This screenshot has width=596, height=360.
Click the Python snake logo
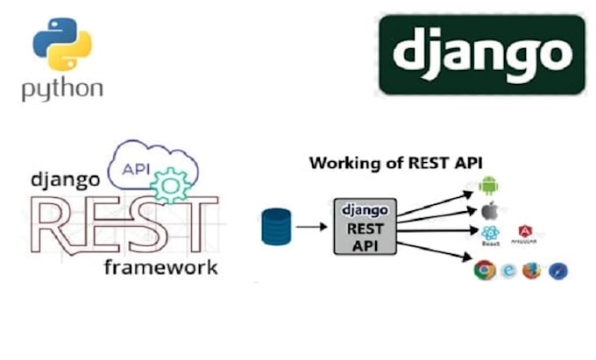click(x=61, y=45)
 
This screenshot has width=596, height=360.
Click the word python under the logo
click(x=62, y=88)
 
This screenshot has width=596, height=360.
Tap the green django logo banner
click(x=481, y=54)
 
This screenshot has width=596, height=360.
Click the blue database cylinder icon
click(x=274, y=226)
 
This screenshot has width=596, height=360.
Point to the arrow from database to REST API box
click(x=309, y=226)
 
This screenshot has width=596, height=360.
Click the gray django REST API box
click(x=365, y=226)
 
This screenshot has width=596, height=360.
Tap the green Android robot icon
click(x=488, y=186)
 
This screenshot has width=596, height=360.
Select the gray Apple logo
click(x=488, y=210)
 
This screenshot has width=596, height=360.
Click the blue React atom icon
click(x=490, y=234)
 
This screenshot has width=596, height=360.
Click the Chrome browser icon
click(x=483, y=271)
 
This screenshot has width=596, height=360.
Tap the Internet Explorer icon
click(x=508, y=271)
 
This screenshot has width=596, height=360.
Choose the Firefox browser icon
click(x=531, y=271)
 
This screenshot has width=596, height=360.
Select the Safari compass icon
click(x=557, y=271)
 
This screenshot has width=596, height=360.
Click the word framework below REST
click(x=160, y=266)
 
